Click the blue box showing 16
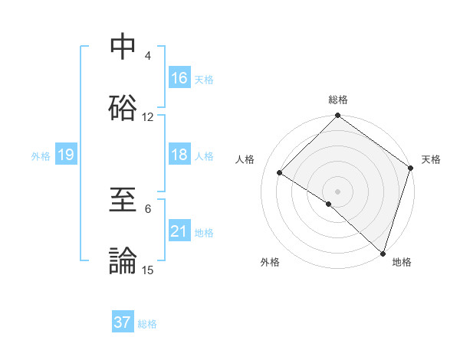tap(179, 78)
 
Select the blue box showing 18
tap(179, 155)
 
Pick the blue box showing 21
tap(179, 231)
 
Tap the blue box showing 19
tap(66, 155)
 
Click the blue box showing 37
tap(123, 322)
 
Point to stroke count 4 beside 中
tap(148, 56)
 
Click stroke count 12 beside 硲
tap(148, 117)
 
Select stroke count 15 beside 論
tap(148, 270)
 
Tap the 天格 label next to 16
tap(203, 79)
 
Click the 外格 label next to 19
tap(41, 155)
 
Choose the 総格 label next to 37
tap(147, 323)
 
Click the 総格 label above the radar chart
tap(337, 100)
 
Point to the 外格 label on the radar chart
tap(270, 263)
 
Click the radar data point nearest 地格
tap(383, 253)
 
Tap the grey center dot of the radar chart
tap(337, 191)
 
